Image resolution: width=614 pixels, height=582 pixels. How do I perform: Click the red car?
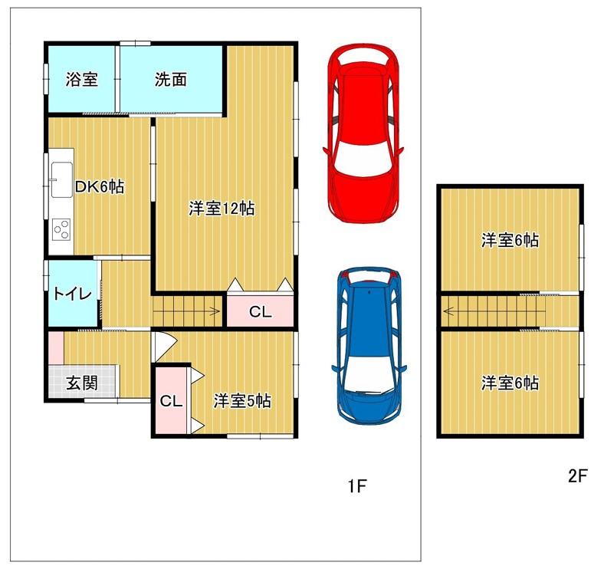coord(363,133)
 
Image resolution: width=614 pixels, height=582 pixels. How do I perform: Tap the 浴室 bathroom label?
coord(81,80)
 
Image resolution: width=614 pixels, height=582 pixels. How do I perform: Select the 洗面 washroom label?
coord(170,80)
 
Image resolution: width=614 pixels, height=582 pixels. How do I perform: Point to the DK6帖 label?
coord(100,186)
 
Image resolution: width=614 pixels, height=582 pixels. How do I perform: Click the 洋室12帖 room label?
coord(222,209)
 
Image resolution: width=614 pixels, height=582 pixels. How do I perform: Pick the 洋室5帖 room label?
coord(242,401)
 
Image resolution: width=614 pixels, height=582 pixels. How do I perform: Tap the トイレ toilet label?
coord(73,294)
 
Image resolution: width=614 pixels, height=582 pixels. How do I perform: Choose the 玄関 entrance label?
coord(81,383)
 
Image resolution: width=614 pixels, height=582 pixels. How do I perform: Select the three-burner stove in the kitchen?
coord(61,229)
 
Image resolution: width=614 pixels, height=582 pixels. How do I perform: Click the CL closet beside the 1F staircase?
coord(260,312)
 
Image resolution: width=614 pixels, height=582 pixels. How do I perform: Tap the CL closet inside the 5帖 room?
coord(171,401)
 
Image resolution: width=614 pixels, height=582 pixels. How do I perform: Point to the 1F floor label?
coord(356,486)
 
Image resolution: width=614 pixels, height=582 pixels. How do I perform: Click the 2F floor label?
coord(577,476)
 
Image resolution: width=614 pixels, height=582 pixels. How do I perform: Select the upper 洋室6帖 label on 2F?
coord(510,240)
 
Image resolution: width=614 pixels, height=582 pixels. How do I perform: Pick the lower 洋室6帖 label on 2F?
coord(510,383)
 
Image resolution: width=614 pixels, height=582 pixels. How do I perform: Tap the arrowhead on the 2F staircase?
coord(448,312)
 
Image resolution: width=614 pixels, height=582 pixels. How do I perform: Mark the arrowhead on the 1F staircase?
coord(215,312)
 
